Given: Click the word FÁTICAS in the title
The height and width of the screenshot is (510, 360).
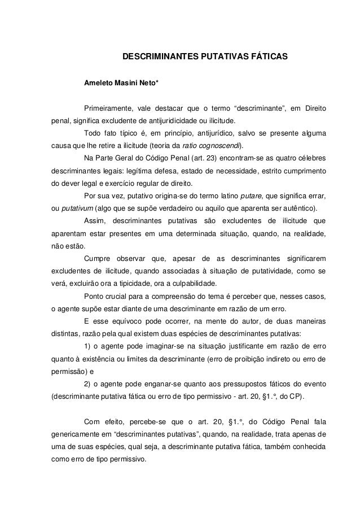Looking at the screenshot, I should tap(267, 58).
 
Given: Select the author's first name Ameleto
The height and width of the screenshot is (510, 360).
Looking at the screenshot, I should tap(99, 84).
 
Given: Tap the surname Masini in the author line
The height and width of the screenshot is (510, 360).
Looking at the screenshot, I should tap(129, 84).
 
